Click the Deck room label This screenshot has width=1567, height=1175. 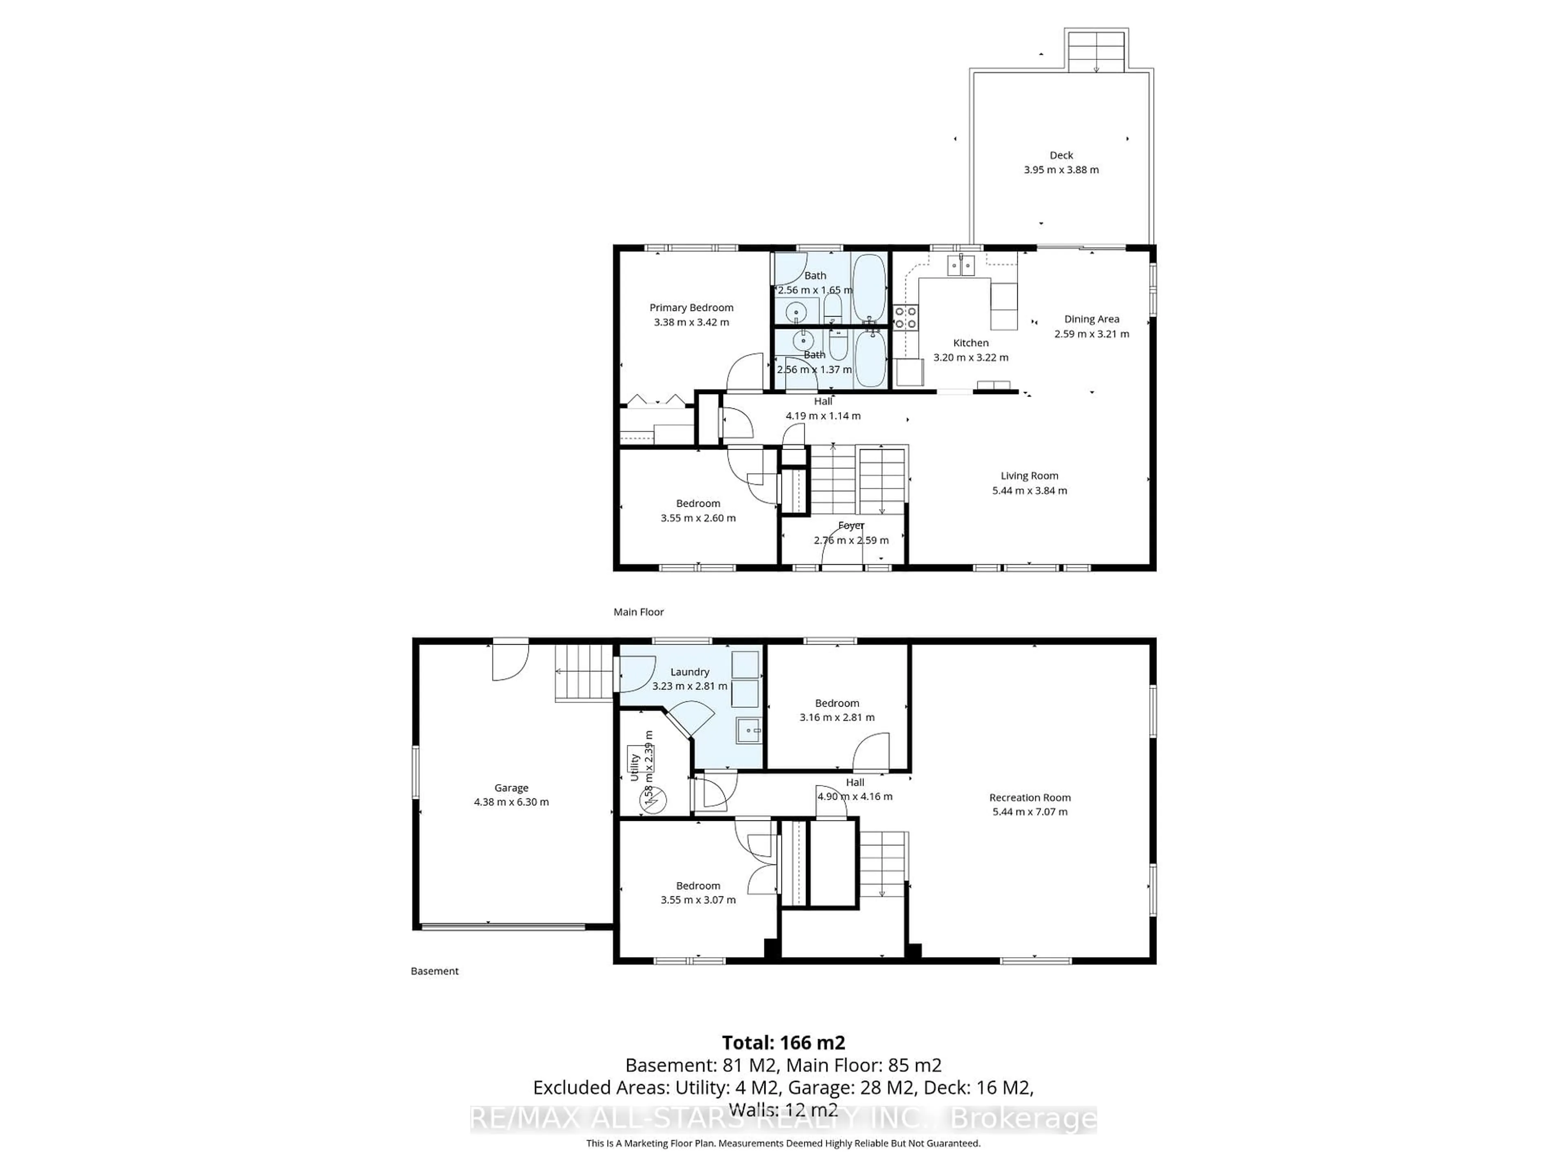[x=1061, y=155]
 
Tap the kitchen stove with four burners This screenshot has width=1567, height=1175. [x=906, y=317]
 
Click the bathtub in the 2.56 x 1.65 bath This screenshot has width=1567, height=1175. [x=868, y=288]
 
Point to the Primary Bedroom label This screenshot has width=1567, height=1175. [x=691, y=307]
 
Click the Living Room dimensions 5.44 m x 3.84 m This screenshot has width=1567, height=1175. [x=1029, y=490]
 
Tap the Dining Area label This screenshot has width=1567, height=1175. [x=1091, y=319]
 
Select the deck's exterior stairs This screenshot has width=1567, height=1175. [x=1096, y=51]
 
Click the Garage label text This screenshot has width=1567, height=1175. [x=511, y=787]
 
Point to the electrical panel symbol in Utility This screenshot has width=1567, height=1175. [x=653, y=800]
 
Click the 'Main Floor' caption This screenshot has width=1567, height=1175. [x=638, y=612]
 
